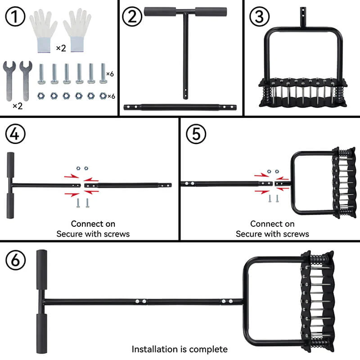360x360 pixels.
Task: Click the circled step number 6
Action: click(x=15, y=260)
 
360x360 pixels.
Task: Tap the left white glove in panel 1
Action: click(x=44, y=29)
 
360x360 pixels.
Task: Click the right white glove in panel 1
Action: click(x=77, y=29)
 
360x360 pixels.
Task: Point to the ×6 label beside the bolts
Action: click(x=110, y=73)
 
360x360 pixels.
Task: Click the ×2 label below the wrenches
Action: click(x=18, y=106)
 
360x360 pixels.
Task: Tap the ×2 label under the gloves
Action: click(x=61, y=48)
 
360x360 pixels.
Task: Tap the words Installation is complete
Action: click(x=180, y=349)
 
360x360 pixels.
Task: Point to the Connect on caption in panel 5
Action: click(x=272, y=224)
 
